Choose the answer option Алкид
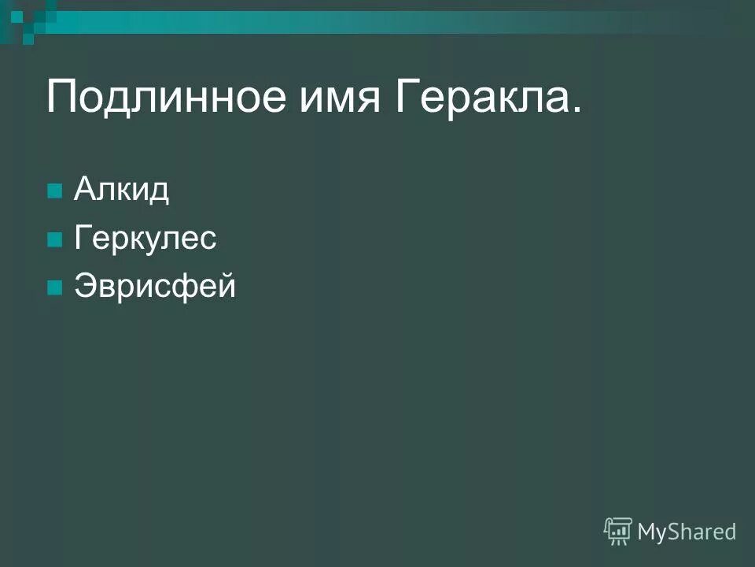tap(121, 191)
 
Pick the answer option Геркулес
tap(145, 239)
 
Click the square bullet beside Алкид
tap(54, 192)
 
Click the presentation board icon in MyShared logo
tap(618, 531)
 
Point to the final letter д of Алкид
tap(160, 192)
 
